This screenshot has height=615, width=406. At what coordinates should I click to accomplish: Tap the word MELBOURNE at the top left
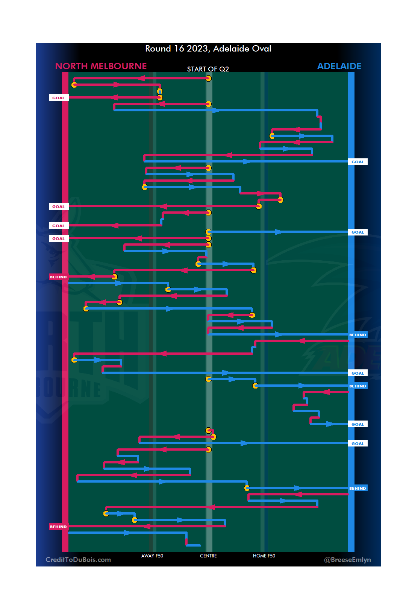pyautogui.click(x=119, y=66)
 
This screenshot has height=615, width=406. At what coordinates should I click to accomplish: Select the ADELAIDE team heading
pyautogui.click(x=339, y=66)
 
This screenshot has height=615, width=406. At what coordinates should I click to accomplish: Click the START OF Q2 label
pyautogui.click(x=208, y=69)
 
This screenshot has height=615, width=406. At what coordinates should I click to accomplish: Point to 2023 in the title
pyautogui.click(x=197, y=49)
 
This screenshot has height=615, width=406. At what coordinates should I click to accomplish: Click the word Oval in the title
pyautogui.click(x=262, y=49)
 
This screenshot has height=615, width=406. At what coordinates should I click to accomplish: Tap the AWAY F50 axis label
pyautogui.click(x=152, y=556)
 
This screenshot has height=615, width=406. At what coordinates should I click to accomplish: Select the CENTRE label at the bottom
pyautogui.click(x=208, y=556)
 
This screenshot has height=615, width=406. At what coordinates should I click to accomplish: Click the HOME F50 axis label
pyautogui.click(x=264, y=556)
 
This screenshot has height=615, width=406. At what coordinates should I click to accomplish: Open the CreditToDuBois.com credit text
pyautogui.click(x=78, y=560)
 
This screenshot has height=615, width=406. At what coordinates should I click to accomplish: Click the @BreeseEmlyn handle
pyautogui.click(x=347, y=560)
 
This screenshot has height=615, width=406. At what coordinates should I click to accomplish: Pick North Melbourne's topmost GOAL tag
pyautogui.click(x=59, y=98)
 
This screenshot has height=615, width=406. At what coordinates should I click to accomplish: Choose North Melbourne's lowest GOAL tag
pyautogui.click(x=59, y=238)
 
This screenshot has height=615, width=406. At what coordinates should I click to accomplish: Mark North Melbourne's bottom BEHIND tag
pyautogui.click(x=59, y=527)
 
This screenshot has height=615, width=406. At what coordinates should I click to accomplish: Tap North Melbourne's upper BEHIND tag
pyautogui.click(x=59, y=277)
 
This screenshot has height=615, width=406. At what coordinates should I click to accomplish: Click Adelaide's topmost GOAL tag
pyautogui.click(x=358, y=162)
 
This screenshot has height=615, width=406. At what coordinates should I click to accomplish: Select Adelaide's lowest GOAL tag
pyautogui.click(x=358, y=443)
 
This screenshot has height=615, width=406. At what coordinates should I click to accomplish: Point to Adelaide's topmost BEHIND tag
pyautogui.click(x=358, y=335)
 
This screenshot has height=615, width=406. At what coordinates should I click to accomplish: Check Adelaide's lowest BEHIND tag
pyautogui.click(x=358, y=488)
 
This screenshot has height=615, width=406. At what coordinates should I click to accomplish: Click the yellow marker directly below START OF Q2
pyautogui.click(x=208, y=79)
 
